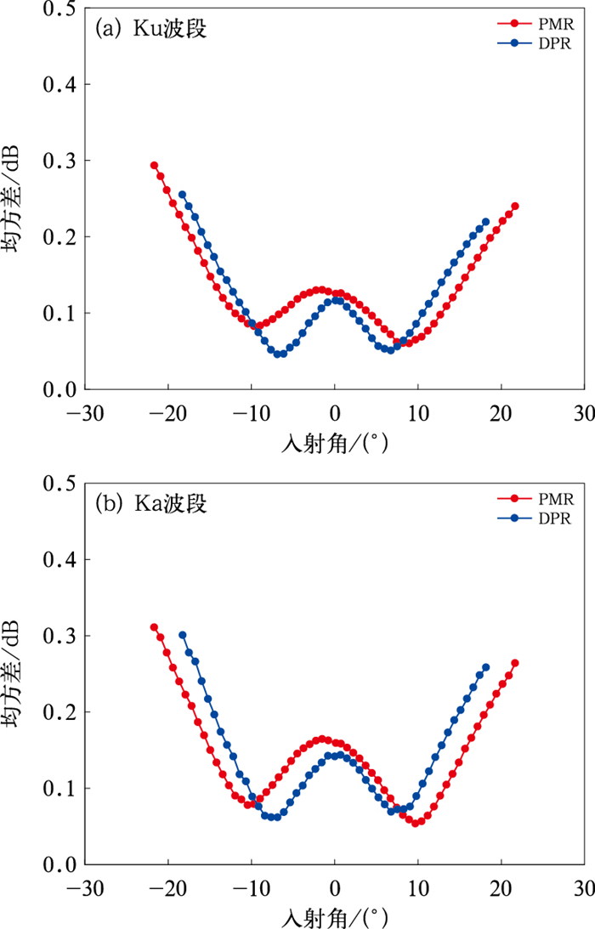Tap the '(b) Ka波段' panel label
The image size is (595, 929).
154,504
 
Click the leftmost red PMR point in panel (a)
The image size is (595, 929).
155,166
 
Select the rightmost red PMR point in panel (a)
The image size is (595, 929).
515,206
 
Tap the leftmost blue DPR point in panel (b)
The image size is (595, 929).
182,635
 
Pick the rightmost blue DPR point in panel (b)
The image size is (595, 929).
486,667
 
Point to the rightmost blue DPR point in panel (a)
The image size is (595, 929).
486,222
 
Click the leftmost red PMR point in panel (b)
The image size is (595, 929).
154,627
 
